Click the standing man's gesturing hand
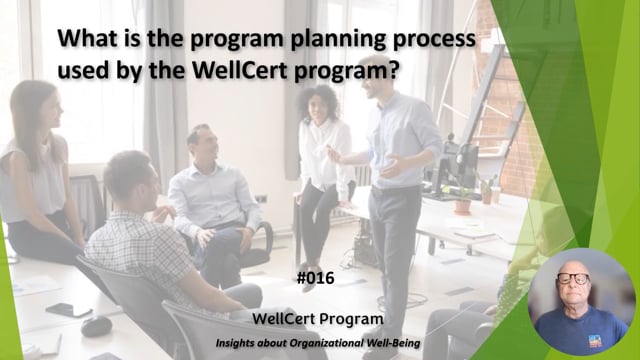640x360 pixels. coord(336,157)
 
